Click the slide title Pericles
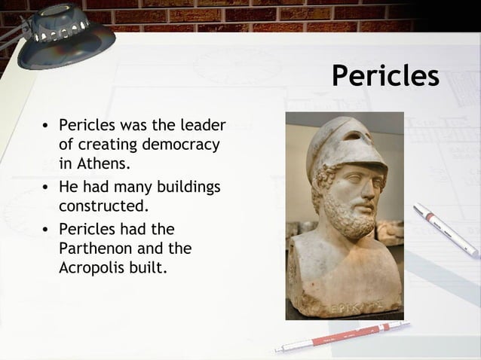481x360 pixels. click(385, 76)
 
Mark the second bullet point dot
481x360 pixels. click(46, 186)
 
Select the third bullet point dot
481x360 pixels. click(46, 228)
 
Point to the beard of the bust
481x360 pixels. click(348, 215)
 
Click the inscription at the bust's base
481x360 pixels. click(354, 308)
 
